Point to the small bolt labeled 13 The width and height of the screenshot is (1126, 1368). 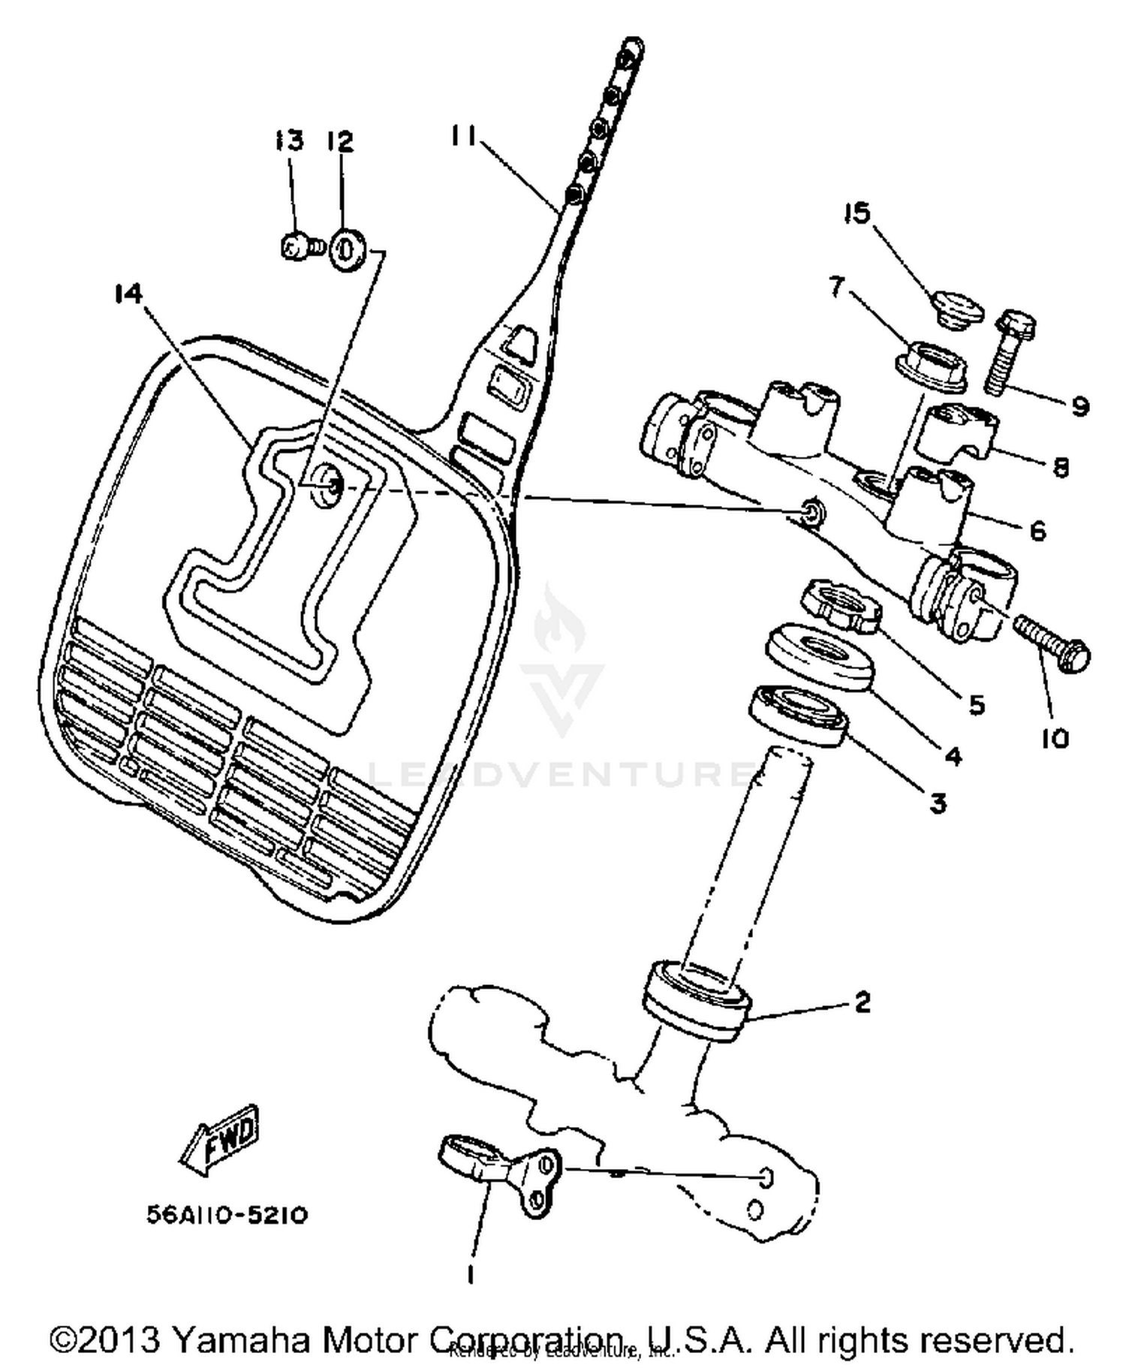point(297,246)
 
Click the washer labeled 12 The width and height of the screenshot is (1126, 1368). point(348,249)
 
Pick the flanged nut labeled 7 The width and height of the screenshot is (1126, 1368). point(930,366)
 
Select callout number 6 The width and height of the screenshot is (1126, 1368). point(1037,532)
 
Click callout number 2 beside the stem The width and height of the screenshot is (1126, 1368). point(862,1002)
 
